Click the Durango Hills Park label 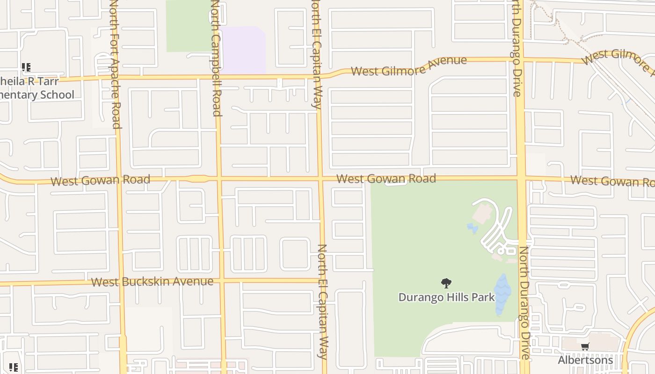click(x=446, y=297)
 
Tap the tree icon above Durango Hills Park click(x=446, y=283)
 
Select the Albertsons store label click(x=585, y=360)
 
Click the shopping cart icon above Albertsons click(x=585, y=347)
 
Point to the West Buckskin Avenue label click(x=152, y=281)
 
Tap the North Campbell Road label click(x=216, y=58)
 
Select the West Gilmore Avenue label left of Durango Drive click(x=409, y=66)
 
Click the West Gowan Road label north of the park click(x=386, y=178)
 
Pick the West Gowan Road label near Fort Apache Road click(x=100, y=180)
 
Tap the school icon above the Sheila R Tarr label click(x=26, y=67)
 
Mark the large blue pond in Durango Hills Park click(x=502, y=294)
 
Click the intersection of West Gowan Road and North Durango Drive click(x=521, y=178)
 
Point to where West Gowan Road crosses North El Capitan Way click(x=320, y=178)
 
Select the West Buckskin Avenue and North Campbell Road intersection click(x=221, y=281)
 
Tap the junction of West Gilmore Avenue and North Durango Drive click(x=518, y=60)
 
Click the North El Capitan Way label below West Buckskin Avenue click(x=322, y=302)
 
